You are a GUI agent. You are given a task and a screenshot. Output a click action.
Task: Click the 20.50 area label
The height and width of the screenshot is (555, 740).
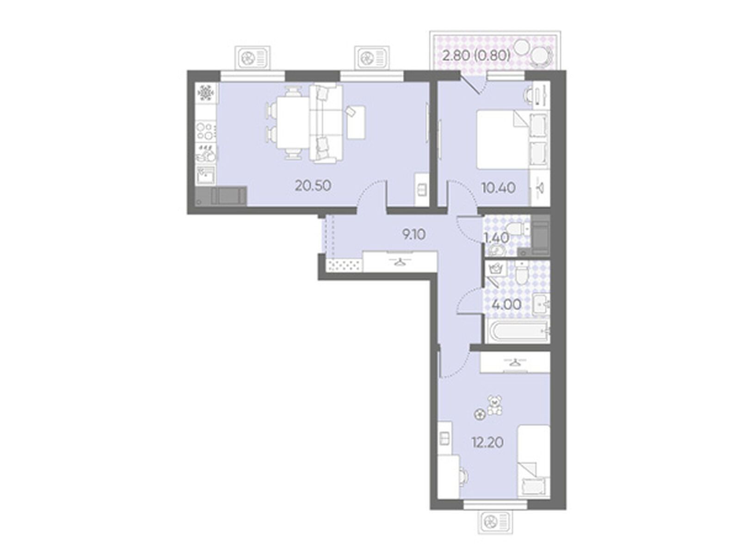313,186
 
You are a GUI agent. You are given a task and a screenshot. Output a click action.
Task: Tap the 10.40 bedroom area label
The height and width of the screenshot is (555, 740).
499,188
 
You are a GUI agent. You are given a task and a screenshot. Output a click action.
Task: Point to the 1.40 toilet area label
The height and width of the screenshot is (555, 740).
497,239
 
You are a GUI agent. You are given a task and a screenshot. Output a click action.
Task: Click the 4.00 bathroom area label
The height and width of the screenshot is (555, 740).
506,305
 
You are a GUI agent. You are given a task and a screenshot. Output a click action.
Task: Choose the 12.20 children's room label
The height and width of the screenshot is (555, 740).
488,442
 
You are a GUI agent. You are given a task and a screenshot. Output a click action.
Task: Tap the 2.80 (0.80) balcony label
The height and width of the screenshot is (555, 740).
476,55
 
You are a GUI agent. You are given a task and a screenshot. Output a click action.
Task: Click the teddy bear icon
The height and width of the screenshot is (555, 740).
494,405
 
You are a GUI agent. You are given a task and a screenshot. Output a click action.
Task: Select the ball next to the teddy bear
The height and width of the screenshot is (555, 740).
479,414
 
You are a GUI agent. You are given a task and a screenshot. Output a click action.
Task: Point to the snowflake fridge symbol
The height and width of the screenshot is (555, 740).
205,93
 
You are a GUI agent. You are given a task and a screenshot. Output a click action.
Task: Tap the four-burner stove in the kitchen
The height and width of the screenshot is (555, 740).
206,131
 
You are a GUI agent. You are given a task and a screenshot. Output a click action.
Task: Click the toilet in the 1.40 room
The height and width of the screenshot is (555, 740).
516,228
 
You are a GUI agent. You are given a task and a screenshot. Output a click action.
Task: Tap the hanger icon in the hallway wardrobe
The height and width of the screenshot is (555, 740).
400,261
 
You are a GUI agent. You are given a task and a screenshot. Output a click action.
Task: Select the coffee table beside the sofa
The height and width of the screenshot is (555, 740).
356,122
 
